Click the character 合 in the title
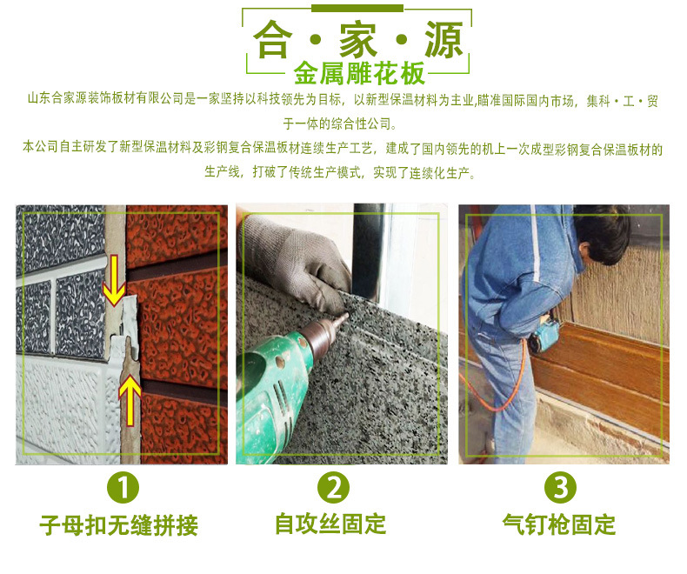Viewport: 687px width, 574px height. (272, 39)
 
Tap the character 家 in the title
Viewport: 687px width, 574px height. (358, 39)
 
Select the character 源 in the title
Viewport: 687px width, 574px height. (444, 39)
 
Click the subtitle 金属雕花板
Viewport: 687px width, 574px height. (359, 73)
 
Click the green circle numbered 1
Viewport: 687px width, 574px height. (123, 487)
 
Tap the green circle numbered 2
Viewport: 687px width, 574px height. (334, 487)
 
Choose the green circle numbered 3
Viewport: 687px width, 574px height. (560, 487)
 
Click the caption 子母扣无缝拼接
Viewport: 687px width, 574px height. (119, 525)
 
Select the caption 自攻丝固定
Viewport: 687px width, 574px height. (330, 524)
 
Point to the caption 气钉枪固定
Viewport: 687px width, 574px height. (559, 524)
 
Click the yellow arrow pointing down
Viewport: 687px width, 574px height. (114, 280)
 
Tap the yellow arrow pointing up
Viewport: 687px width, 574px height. (130, 399)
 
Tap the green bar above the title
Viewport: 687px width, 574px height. (357, 9)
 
